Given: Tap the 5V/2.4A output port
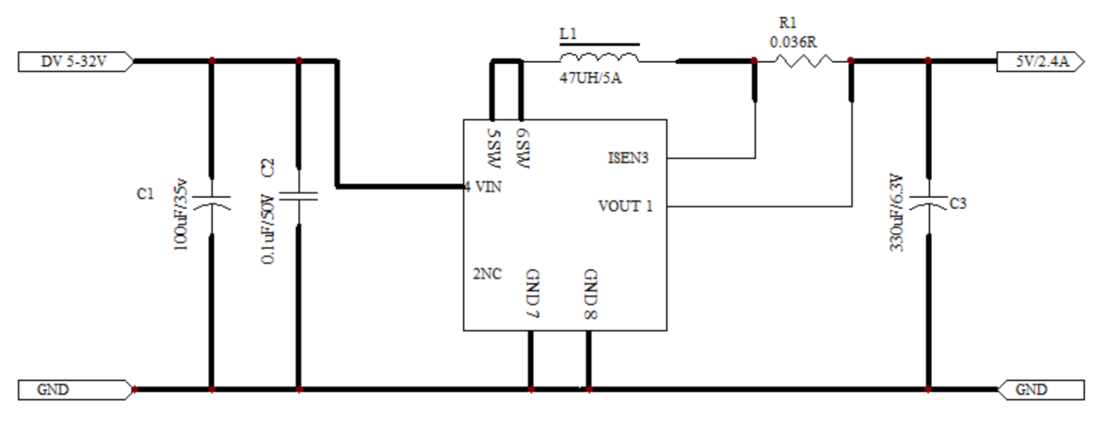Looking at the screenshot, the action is [1041, 62].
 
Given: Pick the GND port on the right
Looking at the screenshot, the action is [1041, 390].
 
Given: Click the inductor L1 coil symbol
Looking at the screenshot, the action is [599, 58].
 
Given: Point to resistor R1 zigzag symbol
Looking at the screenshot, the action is [804, 61].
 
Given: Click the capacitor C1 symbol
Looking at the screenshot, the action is [211, 203].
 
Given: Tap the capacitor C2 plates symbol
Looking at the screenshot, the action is [298, 197].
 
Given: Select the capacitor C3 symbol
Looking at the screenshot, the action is [929, 203].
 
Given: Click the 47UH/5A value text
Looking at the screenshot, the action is [590, 78].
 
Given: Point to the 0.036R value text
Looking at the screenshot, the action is [794, 43].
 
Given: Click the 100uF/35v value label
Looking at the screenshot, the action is [181, 214].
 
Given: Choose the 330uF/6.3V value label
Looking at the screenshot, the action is [897, 212].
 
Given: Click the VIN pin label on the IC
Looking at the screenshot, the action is [484, 187].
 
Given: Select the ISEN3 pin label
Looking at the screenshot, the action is [628, 158].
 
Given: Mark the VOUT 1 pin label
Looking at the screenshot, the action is [626, 207].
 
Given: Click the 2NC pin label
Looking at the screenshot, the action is [488, 274].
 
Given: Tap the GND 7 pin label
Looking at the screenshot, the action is [533, 294].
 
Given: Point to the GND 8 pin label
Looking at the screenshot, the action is [591, 294].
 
